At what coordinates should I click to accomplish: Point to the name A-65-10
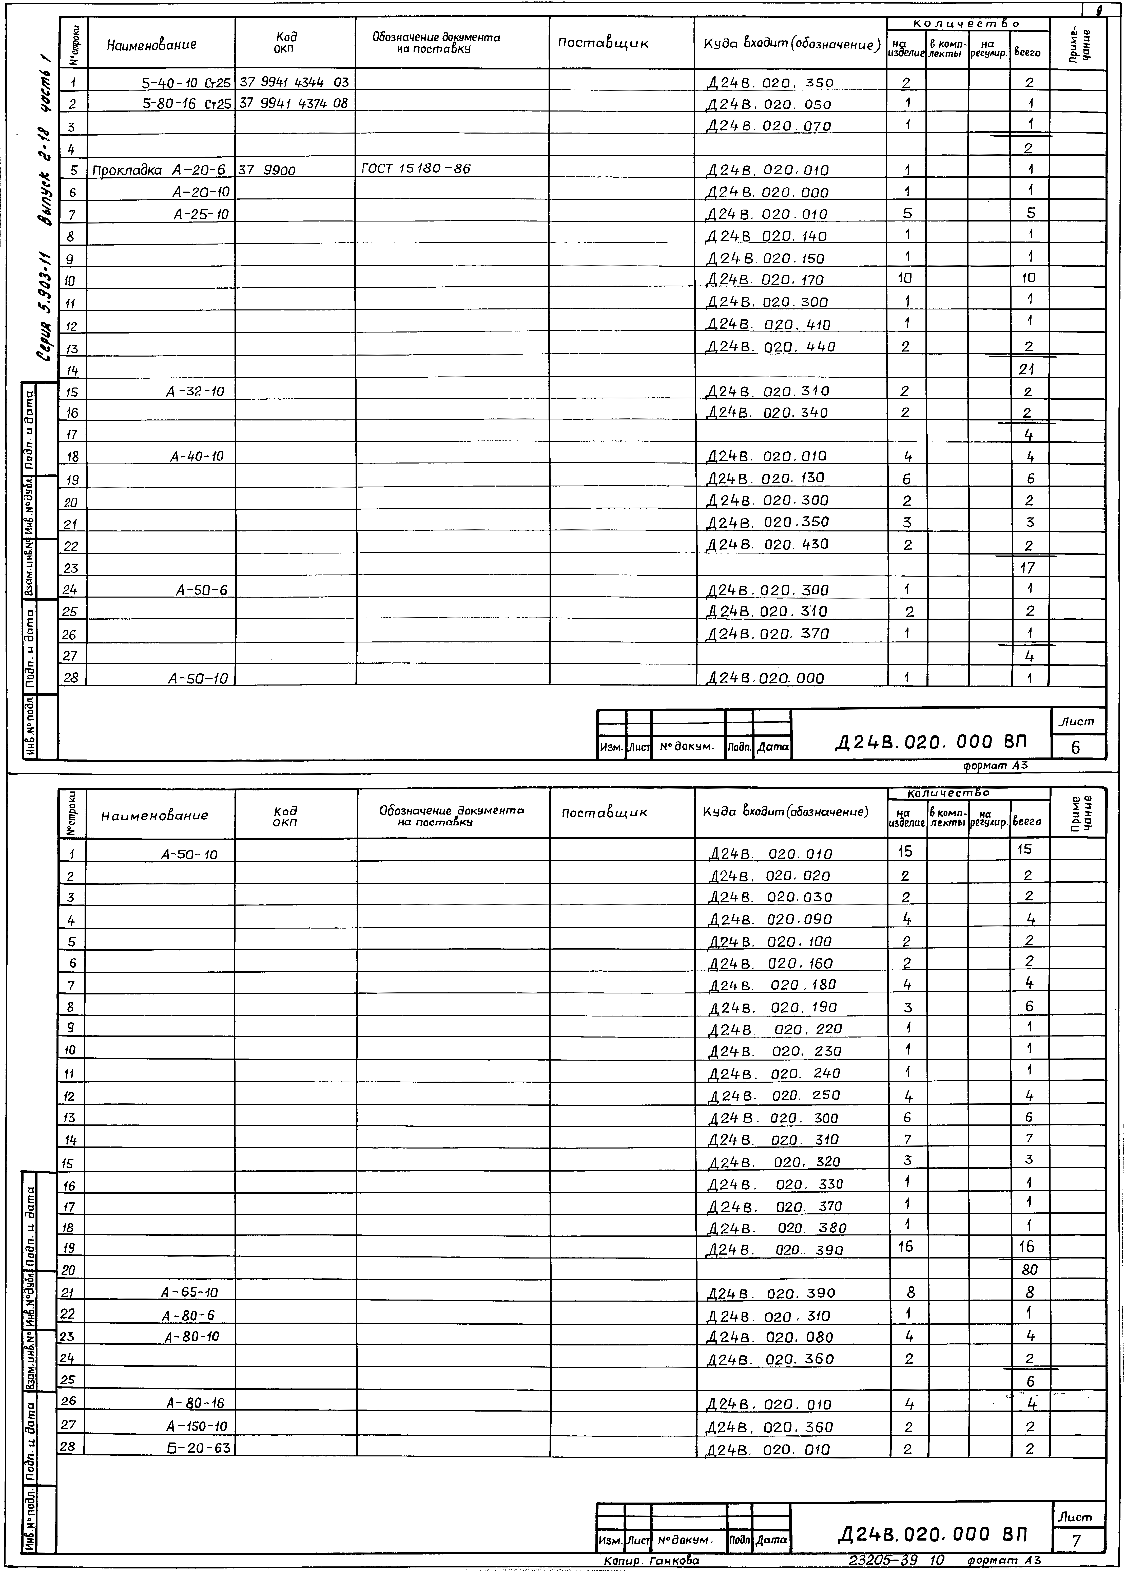click(190, 1292)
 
